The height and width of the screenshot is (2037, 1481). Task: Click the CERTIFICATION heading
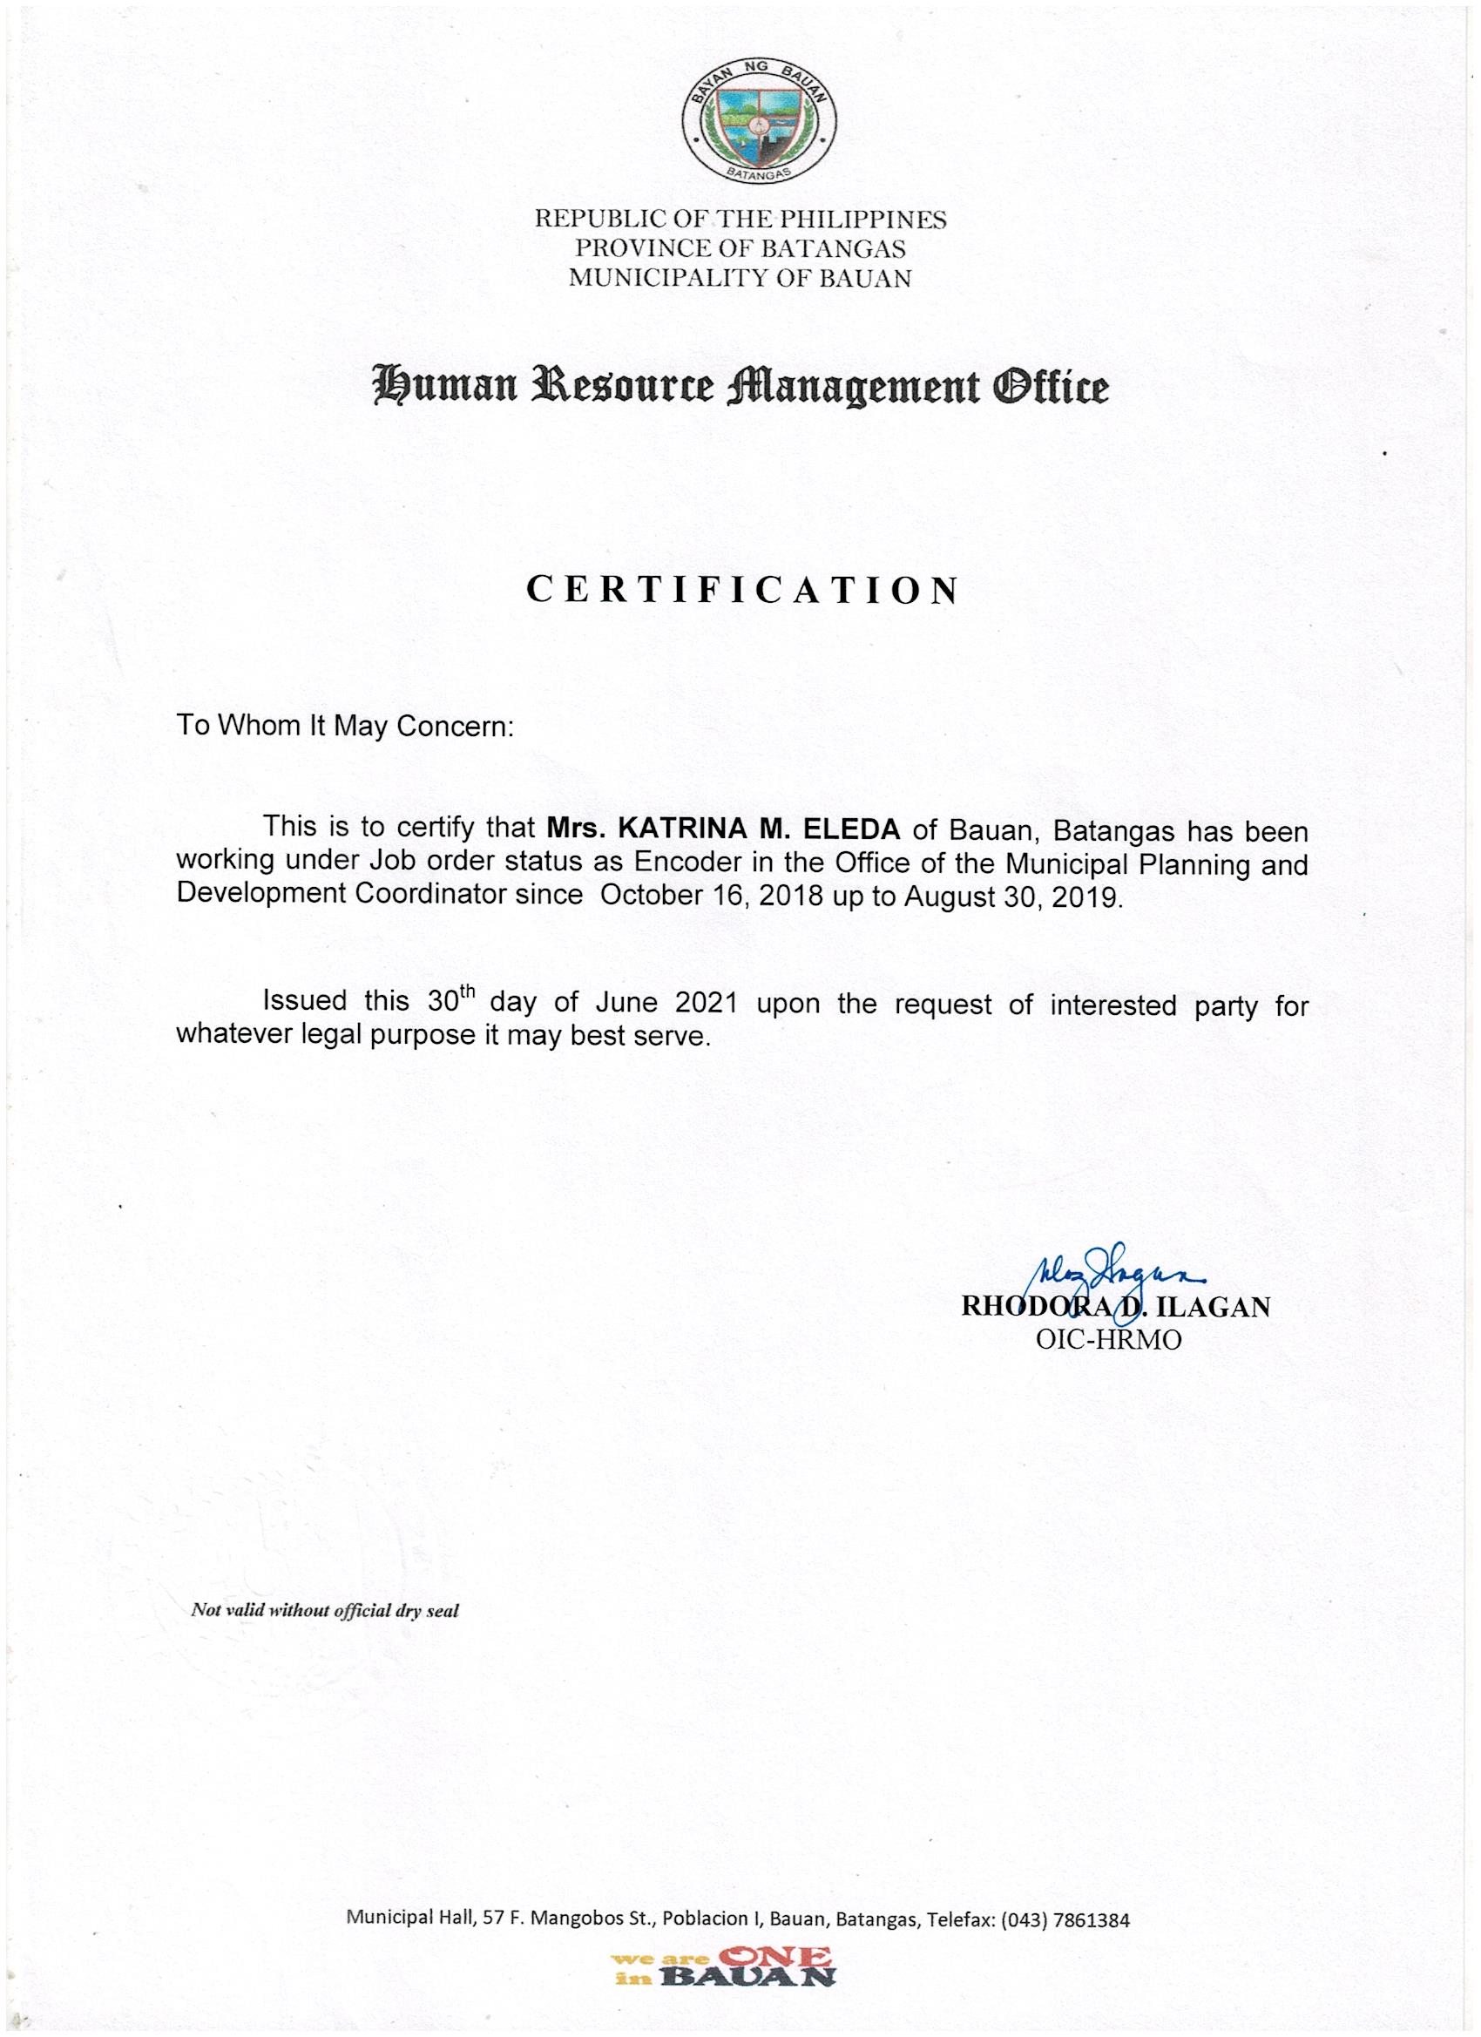pos(742,590)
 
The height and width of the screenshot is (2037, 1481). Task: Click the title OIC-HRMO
pos(1109,1340)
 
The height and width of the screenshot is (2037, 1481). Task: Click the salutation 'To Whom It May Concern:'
pos(344,726)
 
